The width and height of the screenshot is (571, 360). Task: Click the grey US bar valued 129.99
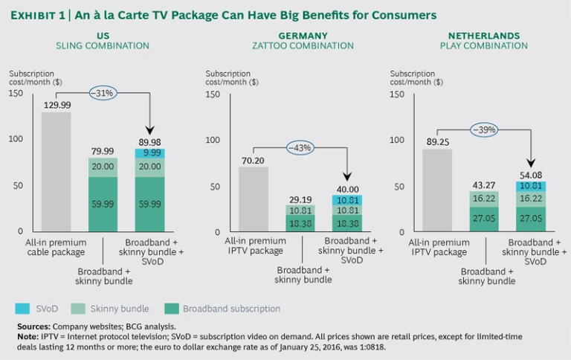click(56, 171)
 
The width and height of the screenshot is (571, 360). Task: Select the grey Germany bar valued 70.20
click(253, 199)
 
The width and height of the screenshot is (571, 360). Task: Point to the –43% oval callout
click(302, 148)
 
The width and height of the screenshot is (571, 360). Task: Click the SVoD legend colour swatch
click(22, 308)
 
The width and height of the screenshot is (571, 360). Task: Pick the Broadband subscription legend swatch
click(172, 308)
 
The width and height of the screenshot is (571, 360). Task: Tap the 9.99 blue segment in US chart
click(150, 153)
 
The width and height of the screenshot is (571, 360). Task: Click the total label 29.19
click(300, 199)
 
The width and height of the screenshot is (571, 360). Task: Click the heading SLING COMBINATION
click(103, 46)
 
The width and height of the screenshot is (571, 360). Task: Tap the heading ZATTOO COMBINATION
click(303, 46)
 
